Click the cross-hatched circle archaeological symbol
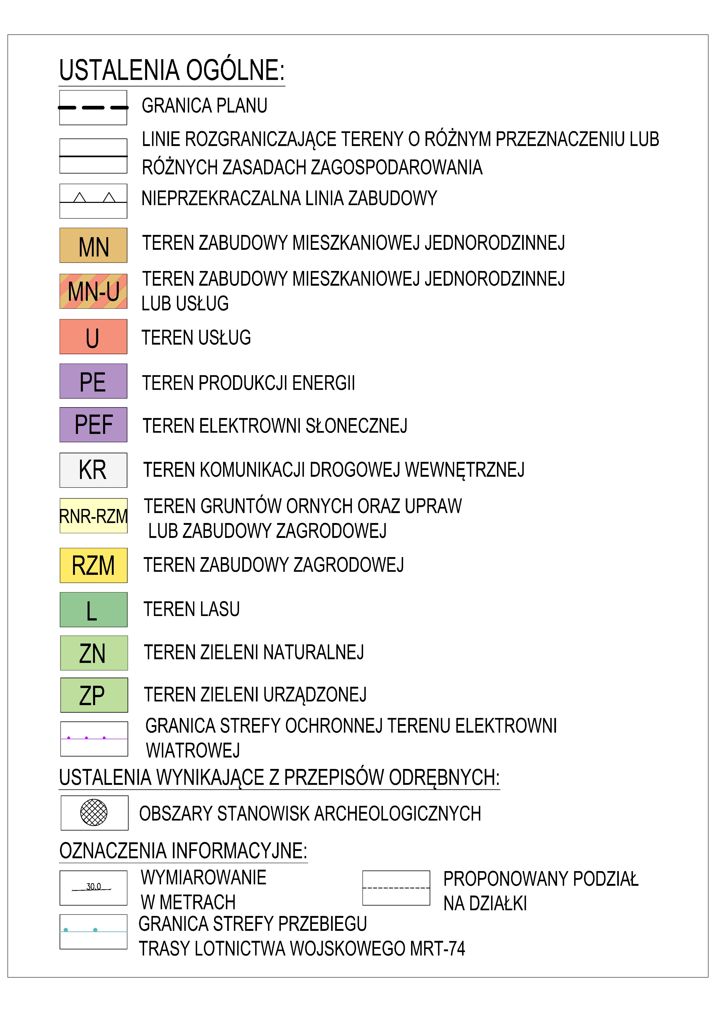point(93,812)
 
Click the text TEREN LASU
point(191,609)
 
